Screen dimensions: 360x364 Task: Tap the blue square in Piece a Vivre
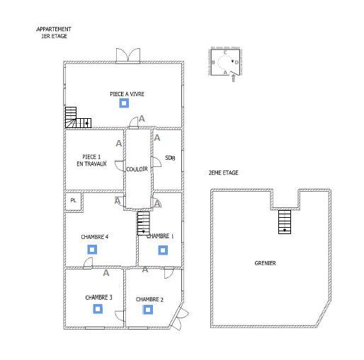124,103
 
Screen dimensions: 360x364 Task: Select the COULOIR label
137,169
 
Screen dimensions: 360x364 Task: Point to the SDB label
170,158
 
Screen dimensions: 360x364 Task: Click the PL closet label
72,201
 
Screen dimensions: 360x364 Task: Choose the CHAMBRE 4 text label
94,236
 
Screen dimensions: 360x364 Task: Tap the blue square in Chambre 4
91,249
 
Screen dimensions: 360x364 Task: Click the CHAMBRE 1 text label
160,236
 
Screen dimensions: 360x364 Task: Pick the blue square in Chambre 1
162,250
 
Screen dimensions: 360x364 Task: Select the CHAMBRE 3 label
98,298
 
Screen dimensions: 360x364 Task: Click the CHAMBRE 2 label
149,299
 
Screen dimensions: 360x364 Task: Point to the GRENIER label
265,263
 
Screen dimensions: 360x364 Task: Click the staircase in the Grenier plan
285,221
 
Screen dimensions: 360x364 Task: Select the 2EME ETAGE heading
223,173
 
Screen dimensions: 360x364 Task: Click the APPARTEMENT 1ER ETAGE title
54,33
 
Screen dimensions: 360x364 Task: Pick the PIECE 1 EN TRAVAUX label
91,160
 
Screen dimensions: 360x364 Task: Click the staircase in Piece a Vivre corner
76,118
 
